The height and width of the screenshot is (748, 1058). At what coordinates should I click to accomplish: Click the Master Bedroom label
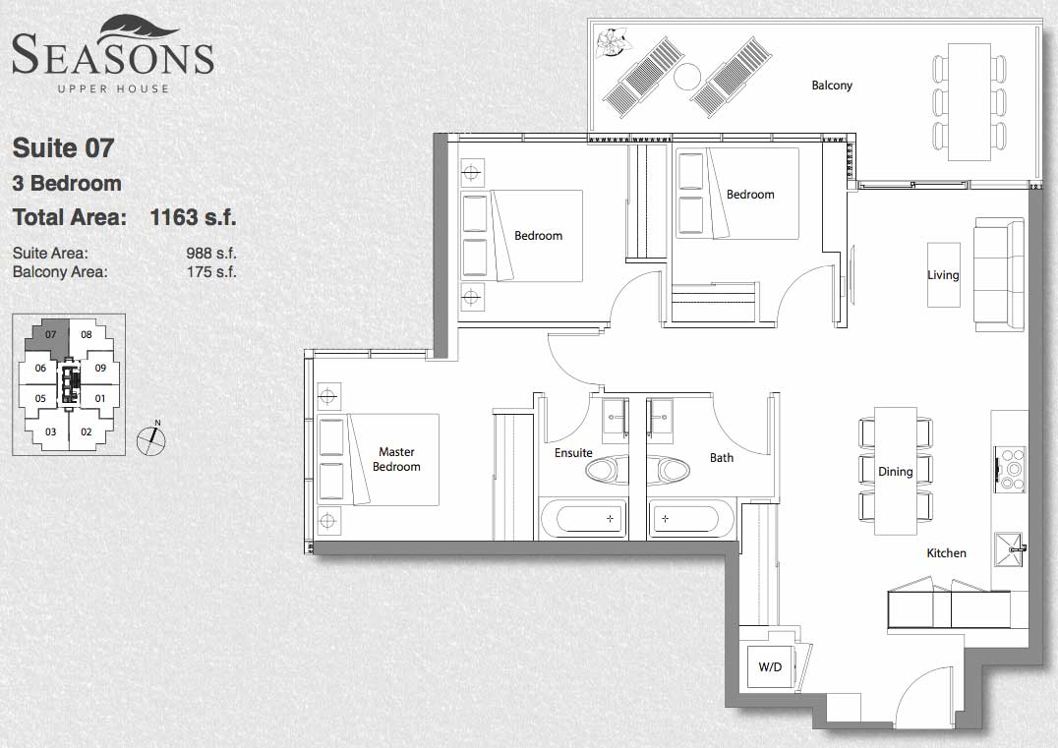pyautogui.click(x=396, y=459)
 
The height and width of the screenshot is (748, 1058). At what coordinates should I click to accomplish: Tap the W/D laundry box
pyautogui.click(x=770, y=667)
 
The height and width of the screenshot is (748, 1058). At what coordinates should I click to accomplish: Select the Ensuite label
pyautogui.click(x=573, y=453)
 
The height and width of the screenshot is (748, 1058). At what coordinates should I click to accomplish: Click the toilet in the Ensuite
pyautogui.click(x=607, y=470)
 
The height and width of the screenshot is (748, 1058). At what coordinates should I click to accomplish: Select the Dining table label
pyautogui.click(x=896, y=472)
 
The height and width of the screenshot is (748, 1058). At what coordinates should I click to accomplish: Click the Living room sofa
pyautogui.click(x=999, y=274)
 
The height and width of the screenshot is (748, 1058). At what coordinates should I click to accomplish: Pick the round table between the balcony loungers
pyautogui.click(x=687, y=77)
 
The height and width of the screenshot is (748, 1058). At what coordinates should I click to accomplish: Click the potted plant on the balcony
pyautogui.click(x=614, y=43)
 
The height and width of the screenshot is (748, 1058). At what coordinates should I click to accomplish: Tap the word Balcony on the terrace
pyautogui.click(x=832, y=86)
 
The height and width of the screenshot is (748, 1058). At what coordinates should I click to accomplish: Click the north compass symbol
pyautogui.click(x=151, y=439)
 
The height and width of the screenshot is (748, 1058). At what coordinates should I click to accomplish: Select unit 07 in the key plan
pyautogui.click(x=48, y=335)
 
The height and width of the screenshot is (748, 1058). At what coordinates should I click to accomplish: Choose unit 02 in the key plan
pyautogui.click(x=87, y=432)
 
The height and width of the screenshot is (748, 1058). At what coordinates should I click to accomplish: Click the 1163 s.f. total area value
pyautogui.click(x=193, y=217)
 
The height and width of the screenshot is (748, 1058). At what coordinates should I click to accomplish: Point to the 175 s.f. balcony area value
pyautogui.click(x=211, y=272)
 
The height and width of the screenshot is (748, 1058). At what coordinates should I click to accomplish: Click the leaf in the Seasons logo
pyautogui.click(x=139, y=31)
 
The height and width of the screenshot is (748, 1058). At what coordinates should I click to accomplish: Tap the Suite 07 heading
pyautogui.click(x=64, y=147)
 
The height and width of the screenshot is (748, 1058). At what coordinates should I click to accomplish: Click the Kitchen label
pyautogui.click(x=946, y=553)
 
